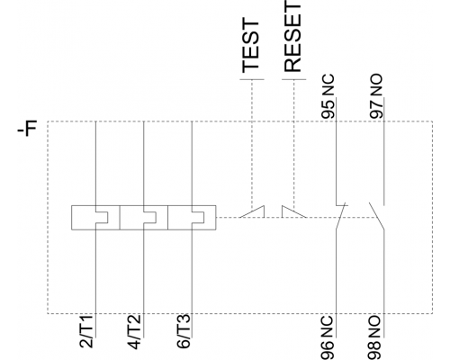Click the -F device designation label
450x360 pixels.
pos(27,128)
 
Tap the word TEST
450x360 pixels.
pos(250,46)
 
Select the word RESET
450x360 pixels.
pos(292,36)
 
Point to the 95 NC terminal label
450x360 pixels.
pos(328,96)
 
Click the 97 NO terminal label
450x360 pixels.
pos(376,96)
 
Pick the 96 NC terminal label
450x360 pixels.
pos(328,337)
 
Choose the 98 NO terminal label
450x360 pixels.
pos(375,337)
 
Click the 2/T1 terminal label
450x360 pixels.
pos(86,331)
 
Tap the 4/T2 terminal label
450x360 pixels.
pos(135,331)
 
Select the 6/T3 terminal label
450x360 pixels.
pos(184,331)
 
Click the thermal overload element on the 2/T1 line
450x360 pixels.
pos(95,218)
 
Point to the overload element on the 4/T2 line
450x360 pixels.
pos(144,218)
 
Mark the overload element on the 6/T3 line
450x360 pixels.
pos(192,218)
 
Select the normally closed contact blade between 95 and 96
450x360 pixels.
pos(340,216)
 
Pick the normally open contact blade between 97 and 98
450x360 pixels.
pos(377,216)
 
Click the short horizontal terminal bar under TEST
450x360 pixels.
pos(252,79)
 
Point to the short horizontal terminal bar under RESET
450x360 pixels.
pos(294,79)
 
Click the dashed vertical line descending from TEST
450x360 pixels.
pos(252,143)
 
